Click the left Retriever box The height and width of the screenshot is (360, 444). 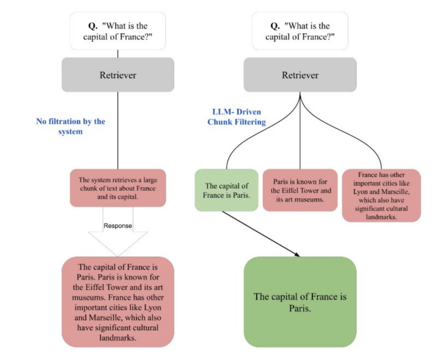tap(118, 75)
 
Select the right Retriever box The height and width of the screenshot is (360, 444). tap(300, 75)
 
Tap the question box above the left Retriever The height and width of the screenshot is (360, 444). tap(118, 31)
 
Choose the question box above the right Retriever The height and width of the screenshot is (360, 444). tap(300, 31)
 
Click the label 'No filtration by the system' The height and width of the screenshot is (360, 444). tap(70, 126)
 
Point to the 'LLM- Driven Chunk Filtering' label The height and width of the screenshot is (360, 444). tap(236, 117)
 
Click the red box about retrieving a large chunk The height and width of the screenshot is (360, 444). tap(118, 188)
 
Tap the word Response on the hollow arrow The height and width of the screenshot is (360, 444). tap(118, 226)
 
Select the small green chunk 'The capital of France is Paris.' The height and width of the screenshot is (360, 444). tap(226, 190)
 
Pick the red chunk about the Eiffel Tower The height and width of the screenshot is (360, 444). tap(300, 190)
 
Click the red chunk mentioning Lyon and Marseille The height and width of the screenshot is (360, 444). tap(381, 195)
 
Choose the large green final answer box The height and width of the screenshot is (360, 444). tap(300, 302)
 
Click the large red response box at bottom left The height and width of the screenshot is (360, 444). tap(118, 302)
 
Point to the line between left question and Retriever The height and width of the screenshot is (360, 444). tap(118, 53)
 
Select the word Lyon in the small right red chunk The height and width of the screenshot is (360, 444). tap(362, 191)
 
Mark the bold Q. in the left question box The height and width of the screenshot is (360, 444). tap(86, 26)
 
